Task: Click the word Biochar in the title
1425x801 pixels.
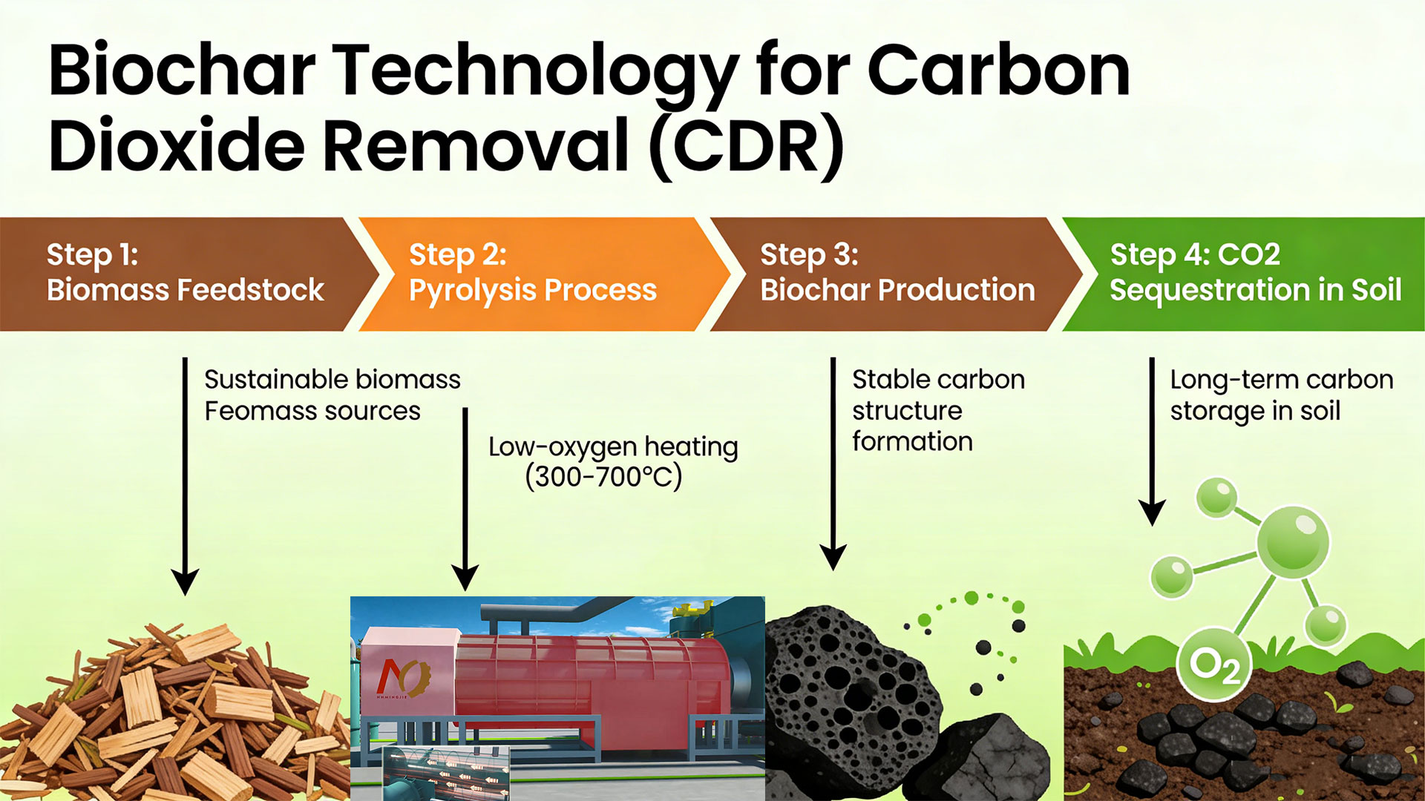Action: [182, 71]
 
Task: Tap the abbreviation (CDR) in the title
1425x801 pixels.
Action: [747, 145]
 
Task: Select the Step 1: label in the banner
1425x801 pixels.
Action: [92, 254]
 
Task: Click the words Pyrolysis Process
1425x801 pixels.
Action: [532, 290]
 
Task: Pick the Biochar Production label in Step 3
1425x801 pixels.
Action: [897, 290]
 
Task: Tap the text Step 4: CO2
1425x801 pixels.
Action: [1194, 254]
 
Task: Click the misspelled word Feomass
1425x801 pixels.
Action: [249, 411]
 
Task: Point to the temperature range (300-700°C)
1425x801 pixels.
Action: [603, 477]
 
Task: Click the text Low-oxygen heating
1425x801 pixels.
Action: [612, 446]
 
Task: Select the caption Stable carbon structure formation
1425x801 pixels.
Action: [938, 410]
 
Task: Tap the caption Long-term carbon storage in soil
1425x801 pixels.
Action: [1281, 395]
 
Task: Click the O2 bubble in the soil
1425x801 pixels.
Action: [1214, 664]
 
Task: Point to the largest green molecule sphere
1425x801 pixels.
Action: [1293, 542]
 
